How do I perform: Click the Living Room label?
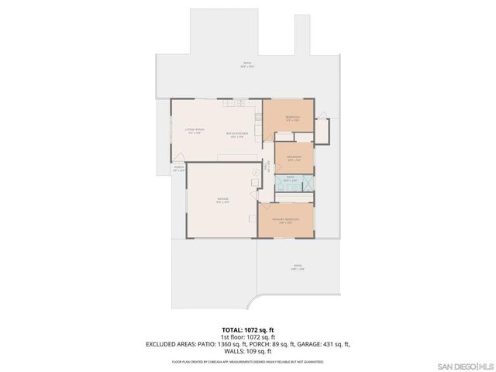coord(194,131)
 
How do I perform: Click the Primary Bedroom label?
coord(285,220)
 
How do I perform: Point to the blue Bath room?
coord(295,184)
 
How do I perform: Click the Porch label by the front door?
coord(178,167)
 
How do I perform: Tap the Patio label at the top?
coord(247,65)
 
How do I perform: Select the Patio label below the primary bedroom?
coord(298,269)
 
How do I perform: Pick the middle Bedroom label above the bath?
coord(294,158)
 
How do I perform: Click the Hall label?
coord(267,164)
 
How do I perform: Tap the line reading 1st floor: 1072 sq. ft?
coord(247,337)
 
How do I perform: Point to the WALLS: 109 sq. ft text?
coord(247,351)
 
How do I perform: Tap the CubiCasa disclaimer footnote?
coord(247,361)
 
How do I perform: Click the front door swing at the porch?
coord(178,158)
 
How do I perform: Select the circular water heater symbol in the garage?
coord(255,172)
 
